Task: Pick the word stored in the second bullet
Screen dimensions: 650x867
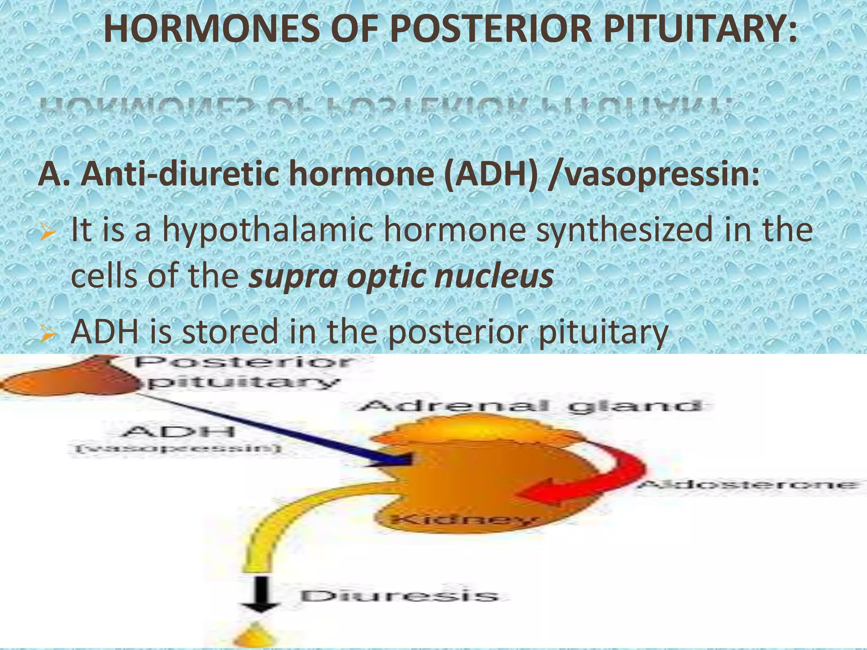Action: click(x=230, y=332)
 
